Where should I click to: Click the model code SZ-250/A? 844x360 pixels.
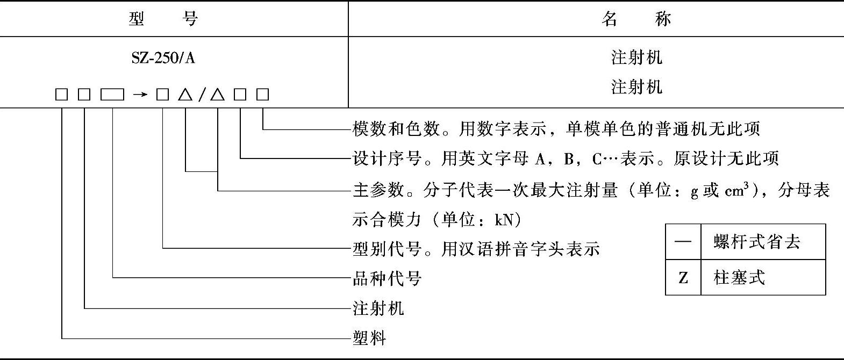163,57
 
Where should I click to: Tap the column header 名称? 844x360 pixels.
636,19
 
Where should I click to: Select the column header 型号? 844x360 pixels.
164,19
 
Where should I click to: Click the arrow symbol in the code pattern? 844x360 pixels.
140,95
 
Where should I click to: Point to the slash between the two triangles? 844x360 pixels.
202,95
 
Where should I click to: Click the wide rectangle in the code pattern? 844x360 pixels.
112,95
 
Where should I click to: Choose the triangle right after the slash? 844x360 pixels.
217,95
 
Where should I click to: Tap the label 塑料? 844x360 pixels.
369,339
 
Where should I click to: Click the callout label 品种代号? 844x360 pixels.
387,278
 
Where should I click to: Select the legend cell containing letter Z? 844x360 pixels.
683,278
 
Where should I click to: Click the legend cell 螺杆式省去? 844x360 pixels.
757,242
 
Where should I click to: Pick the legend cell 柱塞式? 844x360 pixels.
739,278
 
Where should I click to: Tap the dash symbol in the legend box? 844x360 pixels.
683,242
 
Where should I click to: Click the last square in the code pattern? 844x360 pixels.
262,95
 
